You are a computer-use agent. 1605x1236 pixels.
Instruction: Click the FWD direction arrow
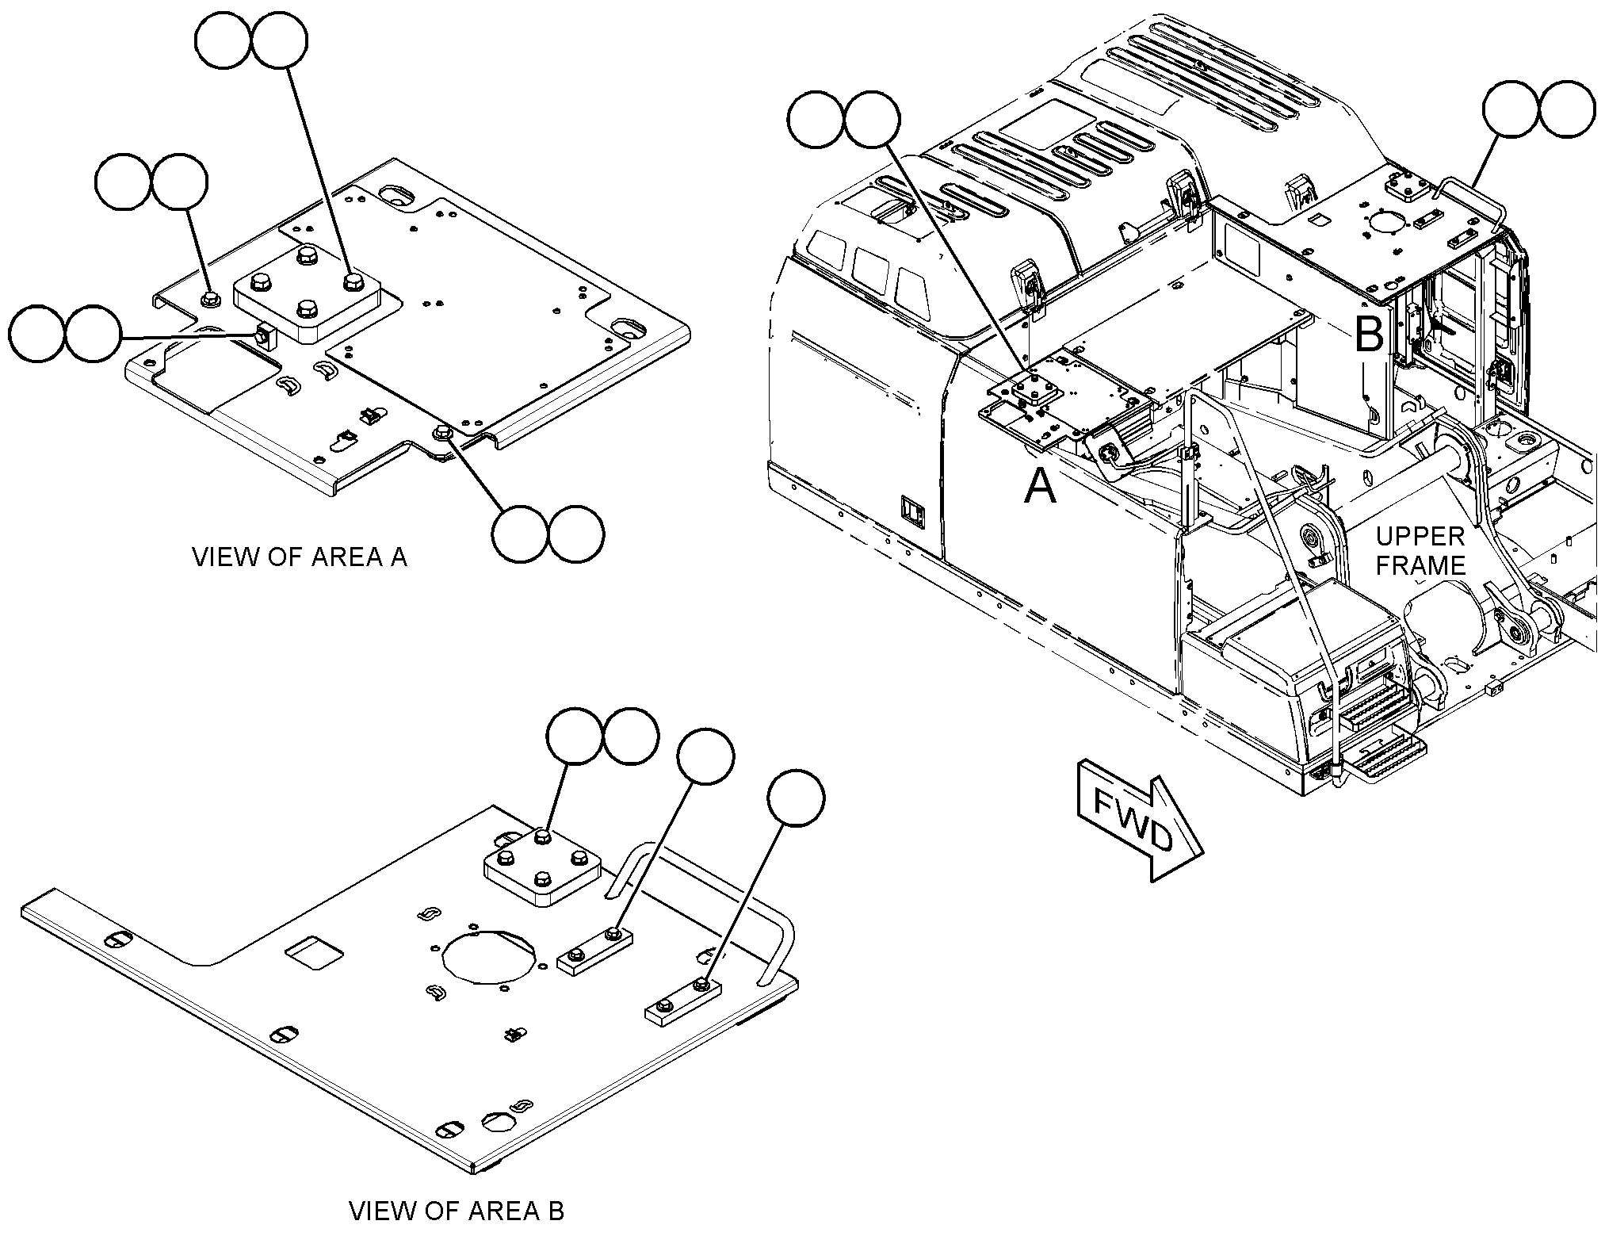[1140, 825]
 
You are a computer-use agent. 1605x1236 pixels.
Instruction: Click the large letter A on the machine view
[1040, 485]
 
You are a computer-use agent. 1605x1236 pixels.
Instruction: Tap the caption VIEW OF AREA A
[300, 557]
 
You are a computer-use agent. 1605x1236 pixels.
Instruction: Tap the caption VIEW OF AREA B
[457, 1211]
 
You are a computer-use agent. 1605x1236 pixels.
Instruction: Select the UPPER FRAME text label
[1420, 550]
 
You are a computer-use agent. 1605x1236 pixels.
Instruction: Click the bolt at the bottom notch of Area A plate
[441, 433]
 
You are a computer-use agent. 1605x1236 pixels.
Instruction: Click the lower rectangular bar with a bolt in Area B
[682, 1001]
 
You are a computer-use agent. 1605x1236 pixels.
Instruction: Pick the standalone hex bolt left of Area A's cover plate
[210, 299]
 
